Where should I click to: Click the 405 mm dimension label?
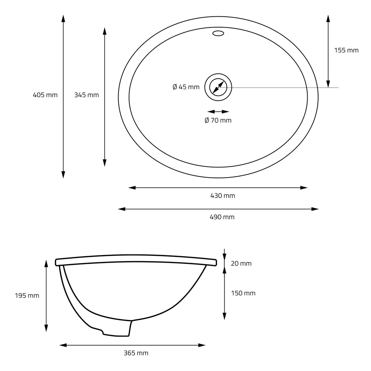tap(45, 95)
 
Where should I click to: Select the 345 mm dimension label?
tap(87, 95)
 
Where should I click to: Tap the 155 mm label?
tap(346, 50)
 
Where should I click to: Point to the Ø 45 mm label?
tap(186, 87)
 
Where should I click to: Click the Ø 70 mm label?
tap(218, 120)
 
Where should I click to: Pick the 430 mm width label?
tap(223, 196)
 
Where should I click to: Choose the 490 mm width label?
tap(222, 217)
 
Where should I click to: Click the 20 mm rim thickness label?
tap(241, 263)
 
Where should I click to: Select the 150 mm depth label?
tap(243, 293)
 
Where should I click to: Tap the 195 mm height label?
tap(27, 296)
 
